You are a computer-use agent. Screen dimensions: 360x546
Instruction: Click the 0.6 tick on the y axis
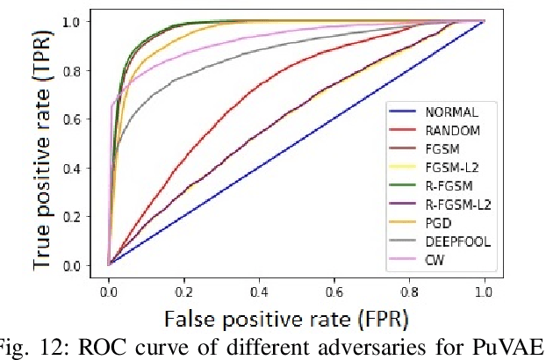point(81,119)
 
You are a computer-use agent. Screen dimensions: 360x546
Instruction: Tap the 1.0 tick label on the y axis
point(81,21)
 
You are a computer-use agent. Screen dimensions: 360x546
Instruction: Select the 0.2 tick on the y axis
point(81,216)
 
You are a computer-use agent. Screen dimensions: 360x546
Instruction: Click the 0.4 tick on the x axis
point(259,287)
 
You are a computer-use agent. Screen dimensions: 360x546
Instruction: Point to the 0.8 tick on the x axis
point(409,287)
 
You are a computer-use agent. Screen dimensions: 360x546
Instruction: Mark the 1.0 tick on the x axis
point(484,287)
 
